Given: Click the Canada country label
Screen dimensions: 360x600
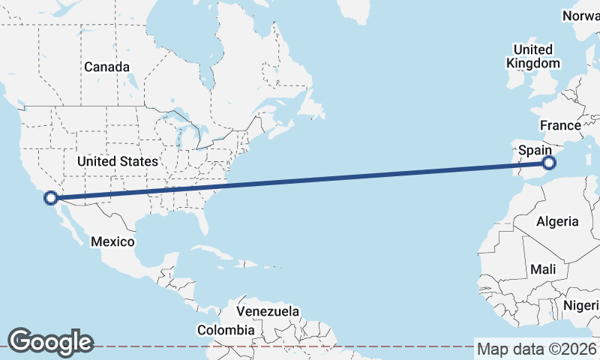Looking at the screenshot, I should pos(106,67).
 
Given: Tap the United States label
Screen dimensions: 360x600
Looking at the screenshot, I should pos(118,161).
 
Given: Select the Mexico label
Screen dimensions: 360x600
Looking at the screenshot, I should pos(112,241).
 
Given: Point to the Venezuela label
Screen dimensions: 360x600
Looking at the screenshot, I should pos(268,310).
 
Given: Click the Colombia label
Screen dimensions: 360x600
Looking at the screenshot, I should pos(226,330).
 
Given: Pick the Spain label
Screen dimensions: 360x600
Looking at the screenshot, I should pos(535,151).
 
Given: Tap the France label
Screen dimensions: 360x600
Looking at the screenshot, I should pos(560,125).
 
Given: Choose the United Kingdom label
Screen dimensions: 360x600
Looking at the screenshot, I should pos(533,56).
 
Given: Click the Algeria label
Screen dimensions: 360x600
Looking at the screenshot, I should pos(557,221).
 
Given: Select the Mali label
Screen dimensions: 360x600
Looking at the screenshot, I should pos(542,268).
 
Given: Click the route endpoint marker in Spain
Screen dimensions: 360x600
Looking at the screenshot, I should pos(549,162).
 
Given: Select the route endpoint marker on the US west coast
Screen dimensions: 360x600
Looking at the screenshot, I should pos(51,198).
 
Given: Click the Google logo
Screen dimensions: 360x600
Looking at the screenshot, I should pos(50,342).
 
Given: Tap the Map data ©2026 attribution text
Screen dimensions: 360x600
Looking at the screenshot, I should pos(537,349).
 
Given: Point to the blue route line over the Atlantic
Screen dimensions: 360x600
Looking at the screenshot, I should pos(337,178).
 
